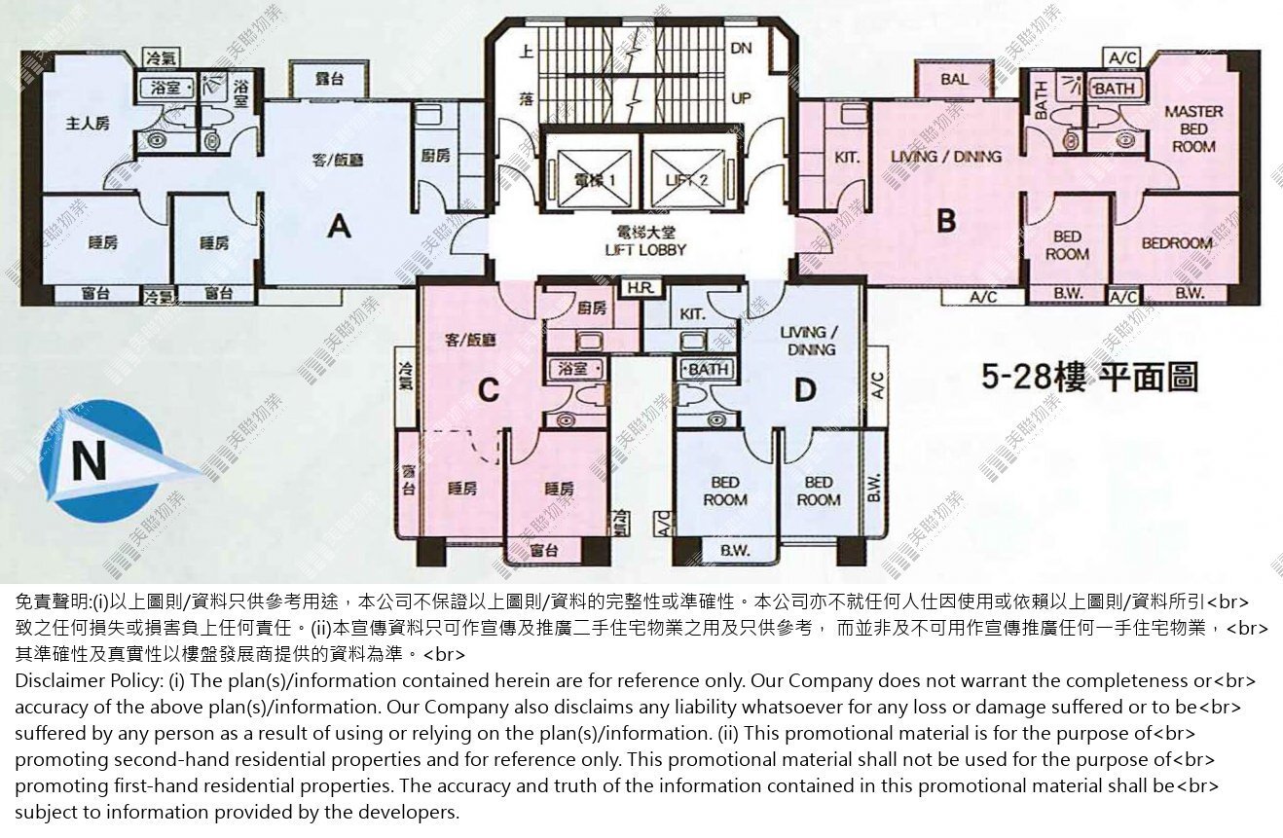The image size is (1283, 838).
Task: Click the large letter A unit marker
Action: pos(339,227)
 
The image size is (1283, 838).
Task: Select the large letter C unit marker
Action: pos(489,390)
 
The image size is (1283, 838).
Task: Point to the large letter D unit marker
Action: pos(804,390)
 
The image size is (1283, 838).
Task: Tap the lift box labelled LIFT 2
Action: pos(686,180)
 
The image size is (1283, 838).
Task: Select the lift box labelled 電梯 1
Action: pos(590,180)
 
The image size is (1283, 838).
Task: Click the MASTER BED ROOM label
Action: pos(1193,128)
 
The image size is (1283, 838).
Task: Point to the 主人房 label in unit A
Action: pos(89,124)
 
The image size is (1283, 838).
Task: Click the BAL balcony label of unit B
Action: pos(955,80)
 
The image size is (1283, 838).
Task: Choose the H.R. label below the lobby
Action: pos(640,288)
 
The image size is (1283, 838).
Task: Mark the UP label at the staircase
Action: pos(741,98)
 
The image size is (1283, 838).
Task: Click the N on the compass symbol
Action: pos(90,461)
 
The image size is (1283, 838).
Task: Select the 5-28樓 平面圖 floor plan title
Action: pos(1088,377)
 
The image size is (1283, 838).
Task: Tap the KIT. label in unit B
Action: pos(847,157)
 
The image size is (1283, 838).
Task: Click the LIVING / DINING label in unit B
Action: pos(945,156)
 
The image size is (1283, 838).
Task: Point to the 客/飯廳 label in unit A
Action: pos(336,160)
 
